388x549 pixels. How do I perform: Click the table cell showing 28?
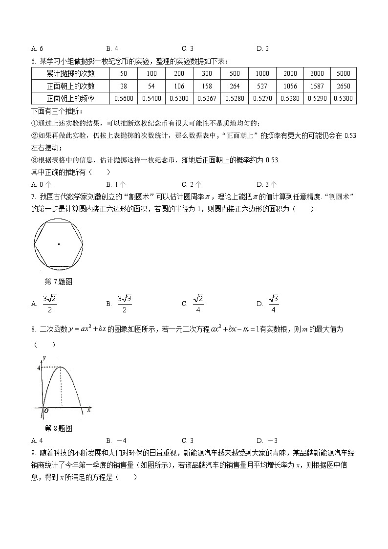point(123,86)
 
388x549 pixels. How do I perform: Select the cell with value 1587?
point(317,86)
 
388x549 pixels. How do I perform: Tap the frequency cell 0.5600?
point(123,99)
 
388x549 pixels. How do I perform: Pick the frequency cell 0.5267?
point(207,99)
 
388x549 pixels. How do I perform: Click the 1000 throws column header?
point(262,73)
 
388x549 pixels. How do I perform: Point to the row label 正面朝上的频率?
point(70,99)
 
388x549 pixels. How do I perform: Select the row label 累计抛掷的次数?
point(70,73)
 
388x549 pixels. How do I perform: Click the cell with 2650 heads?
point(344,86)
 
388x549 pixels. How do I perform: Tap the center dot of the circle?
point(59,243)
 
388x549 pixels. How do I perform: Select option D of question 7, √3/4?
point(273,303)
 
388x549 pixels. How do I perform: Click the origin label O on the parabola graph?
point(46,411)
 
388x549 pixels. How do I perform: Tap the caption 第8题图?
point(58,428)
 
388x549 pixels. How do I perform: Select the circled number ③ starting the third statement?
point(34,160)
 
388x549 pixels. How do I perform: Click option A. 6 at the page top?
point(37,48)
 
